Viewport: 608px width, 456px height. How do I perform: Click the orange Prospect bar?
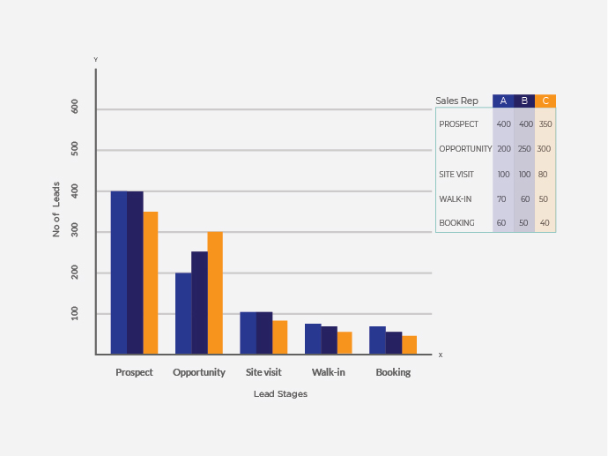(x=151, y=282)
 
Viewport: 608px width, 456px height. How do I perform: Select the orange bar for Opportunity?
(x=215, y=293)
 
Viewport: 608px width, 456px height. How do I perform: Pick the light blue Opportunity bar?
(x=183, y=313)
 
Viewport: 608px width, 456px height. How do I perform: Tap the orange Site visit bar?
(x=280, y=337)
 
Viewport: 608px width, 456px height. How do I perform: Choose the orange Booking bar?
(x=410, y=345)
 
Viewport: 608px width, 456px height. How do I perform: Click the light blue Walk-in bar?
(x=313, y=339)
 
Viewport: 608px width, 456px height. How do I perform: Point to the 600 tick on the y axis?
(x=75, y=107)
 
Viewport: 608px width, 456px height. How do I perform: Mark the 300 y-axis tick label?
(x=75, y=232)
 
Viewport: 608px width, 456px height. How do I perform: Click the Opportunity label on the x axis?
(x=199, y=372)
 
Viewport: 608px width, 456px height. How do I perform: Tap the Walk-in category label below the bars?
(x=329, y=372)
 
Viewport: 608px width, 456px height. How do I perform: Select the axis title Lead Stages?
(x=280, y=394)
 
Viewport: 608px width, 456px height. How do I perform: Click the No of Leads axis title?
(x=56, y=209)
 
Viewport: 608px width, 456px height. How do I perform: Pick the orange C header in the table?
(x=545, y=101)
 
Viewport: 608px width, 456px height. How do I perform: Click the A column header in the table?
(x=503, y=101)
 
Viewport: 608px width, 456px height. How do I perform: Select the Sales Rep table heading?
(x=457, y=101)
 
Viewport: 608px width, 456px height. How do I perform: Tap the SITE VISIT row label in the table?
(x=456, y=175)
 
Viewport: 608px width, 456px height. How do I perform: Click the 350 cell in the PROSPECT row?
(x=545, y=124)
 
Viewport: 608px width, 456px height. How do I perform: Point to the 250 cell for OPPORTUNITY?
(x=524, y=149)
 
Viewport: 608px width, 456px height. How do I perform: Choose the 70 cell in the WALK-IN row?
(x=502, y=199)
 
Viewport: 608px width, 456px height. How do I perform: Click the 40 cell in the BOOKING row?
(x=545, y=223)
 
